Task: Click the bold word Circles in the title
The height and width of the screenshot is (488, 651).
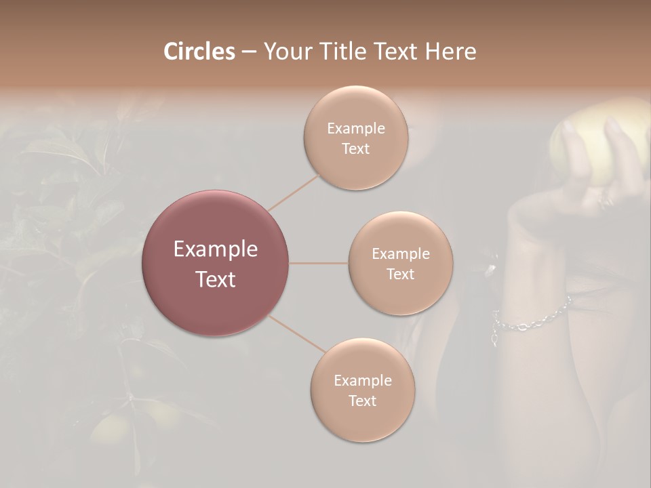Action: tap(199, 52)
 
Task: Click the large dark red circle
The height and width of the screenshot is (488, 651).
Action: tap(216, 263)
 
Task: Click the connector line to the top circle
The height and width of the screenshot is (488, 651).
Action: tap(294, 191)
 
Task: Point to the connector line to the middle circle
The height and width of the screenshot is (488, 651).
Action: tap(319, 263)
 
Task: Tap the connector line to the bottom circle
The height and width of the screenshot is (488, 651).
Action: tap(297, 333)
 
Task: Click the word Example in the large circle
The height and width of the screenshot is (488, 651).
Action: tap(216, 249)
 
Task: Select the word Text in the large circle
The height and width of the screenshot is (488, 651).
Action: tap(216, 279)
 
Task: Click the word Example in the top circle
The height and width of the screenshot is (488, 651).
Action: tap(355, 128)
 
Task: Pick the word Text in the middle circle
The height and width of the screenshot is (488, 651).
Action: tap(400, 274)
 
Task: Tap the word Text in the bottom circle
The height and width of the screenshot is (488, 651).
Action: tap(362, 401)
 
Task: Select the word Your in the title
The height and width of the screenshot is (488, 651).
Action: tap(285, 52)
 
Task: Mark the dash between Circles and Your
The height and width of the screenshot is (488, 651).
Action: tap(248, 52)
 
